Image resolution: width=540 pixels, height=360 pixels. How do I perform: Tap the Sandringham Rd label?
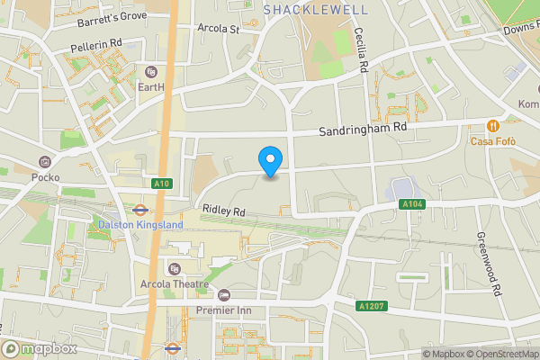[x=363, y=129]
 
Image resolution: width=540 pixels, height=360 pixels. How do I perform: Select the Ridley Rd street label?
[x=223, y=210]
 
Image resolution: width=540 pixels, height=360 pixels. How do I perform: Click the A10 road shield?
[x=162, y=184]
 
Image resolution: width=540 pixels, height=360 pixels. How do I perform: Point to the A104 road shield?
[x=411, y=205]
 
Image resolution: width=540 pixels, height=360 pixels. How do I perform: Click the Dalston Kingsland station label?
[x=139, y=224]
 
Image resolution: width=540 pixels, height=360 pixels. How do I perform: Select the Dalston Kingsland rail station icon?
[x=139, y=209]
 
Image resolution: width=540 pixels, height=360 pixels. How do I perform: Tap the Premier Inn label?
[x=224, y=310]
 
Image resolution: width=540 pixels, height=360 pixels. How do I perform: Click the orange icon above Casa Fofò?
[x=492, y=125]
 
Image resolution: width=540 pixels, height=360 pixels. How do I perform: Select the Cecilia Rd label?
[x=364, y=49]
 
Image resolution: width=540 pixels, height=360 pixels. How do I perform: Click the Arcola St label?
[x=219, y=28]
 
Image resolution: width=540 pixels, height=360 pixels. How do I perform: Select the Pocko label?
[x=45, y=177]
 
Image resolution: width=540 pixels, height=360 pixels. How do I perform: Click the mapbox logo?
[x=40, y=348]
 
